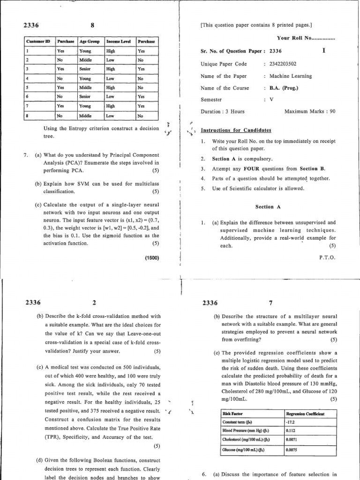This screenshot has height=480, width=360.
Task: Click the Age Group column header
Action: (x=90, y=41)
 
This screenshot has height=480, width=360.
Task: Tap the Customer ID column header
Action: (x=38, y=41)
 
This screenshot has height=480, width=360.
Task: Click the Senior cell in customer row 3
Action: (x=85, y=68)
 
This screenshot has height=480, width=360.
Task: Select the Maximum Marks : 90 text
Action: (x=310, y=112)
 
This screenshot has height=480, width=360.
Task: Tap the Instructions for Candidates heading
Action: (x=236, y=130)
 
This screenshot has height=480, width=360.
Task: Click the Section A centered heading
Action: (x=264, y=207)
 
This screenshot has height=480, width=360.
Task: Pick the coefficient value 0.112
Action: (x=291, y=431)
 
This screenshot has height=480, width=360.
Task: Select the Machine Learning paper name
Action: (x=291, y=76)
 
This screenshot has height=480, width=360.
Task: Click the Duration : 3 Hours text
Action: (x=223, y=112)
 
